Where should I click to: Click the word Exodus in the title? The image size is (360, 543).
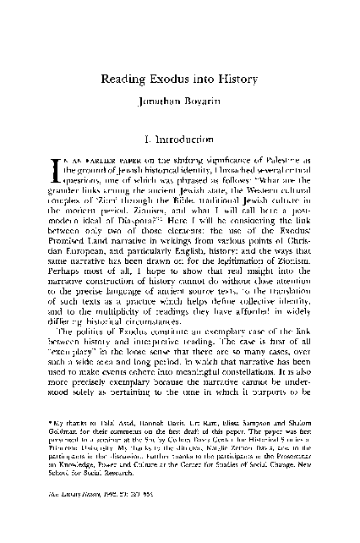click(x=173, y=79)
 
